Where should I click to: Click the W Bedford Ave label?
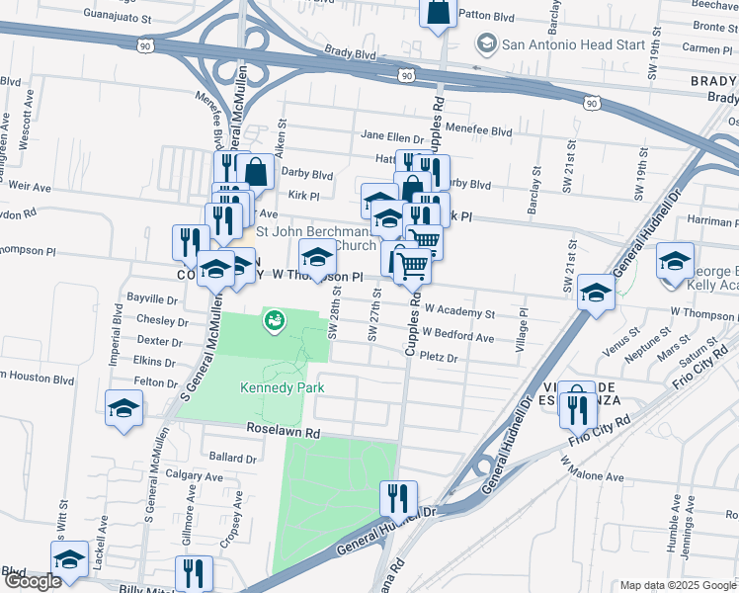tap(457, 337)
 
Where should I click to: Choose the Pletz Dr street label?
tap(439, 358)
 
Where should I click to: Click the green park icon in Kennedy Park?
tap(273, 319)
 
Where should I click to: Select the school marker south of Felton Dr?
tap(124, 408)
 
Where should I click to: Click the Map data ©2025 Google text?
tap(677, 585)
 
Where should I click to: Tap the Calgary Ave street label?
tap(196, 474)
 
